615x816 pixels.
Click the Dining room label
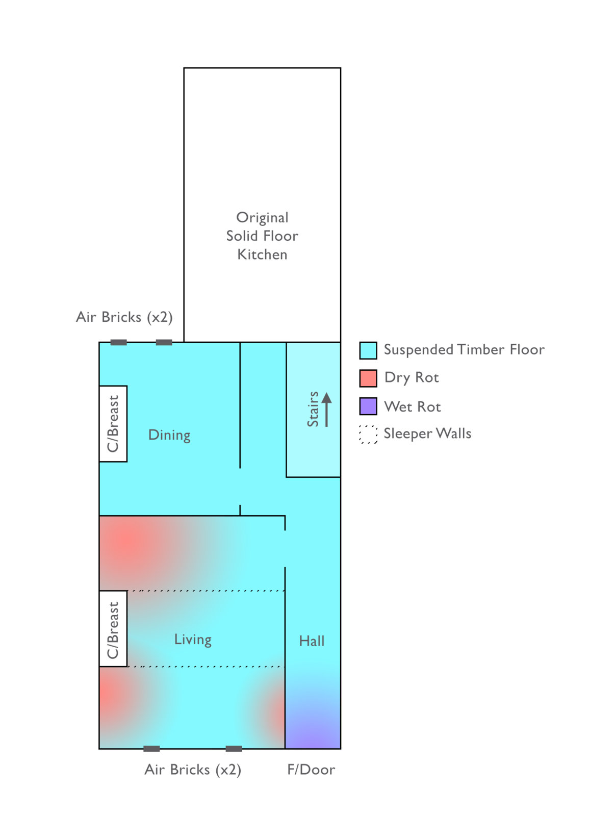pyautogui.click(x=169, y=435)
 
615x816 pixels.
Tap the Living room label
pyautogui.click(x=193, y=640)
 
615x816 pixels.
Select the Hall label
pyautogui.click(x=312, y=641)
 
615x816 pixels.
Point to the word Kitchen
pyautogui.click(x=262, y=254)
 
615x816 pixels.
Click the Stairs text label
pyautogui.click(x=313, y=409)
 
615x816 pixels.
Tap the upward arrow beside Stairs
pyautogui.click(x=327, y=410)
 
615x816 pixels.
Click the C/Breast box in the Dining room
pyautogui.click(x=113, y=424)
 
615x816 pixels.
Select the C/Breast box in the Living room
pyautogui.click(x=113, y=629)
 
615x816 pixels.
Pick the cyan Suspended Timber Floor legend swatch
pyautogui.click(x=368, y=350)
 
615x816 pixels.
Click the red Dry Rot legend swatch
pyautogui.click(x=368, y=378)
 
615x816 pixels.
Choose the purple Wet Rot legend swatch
pyautogui.click(x=368, y=406)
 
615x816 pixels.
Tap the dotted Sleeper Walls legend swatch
pyautogui.click(x=368, y=434)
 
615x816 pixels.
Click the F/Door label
pyautogui.click(x=312, y=770)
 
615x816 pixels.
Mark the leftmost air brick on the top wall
pyautogui.click(x=118, y=342)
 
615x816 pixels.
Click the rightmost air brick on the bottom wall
pyautogui.click(x=234, y=749)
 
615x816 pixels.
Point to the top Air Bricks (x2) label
pyautogui.click(x=124, y=317)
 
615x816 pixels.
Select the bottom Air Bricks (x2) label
pyautogui.click(x=193, y=770)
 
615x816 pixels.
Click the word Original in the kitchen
pyautogui.click(x=262, y=218)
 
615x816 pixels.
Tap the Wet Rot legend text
pyautogui.click(x=413, y=406)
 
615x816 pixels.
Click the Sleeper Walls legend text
pyautogui.click(x=427, y=433)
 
